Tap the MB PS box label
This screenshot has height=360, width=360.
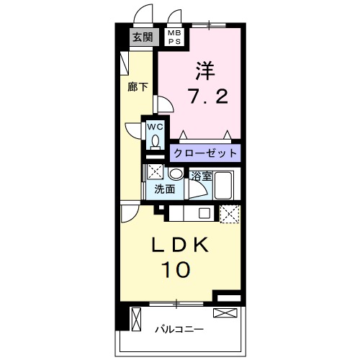175,37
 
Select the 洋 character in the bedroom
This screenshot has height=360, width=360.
203,71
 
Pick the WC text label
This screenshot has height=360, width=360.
156,127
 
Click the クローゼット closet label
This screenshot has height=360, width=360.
205,153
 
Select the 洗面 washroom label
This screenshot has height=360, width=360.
165,189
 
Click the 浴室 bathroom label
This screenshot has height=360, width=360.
201,176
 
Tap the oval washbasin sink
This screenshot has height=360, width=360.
175,174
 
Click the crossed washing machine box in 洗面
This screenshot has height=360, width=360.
155,173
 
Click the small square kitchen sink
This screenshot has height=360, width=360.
204,212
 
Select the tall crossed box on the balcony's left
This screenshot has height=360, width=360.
136,318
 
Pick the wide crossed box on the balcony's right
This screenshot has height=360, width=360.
225,312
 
